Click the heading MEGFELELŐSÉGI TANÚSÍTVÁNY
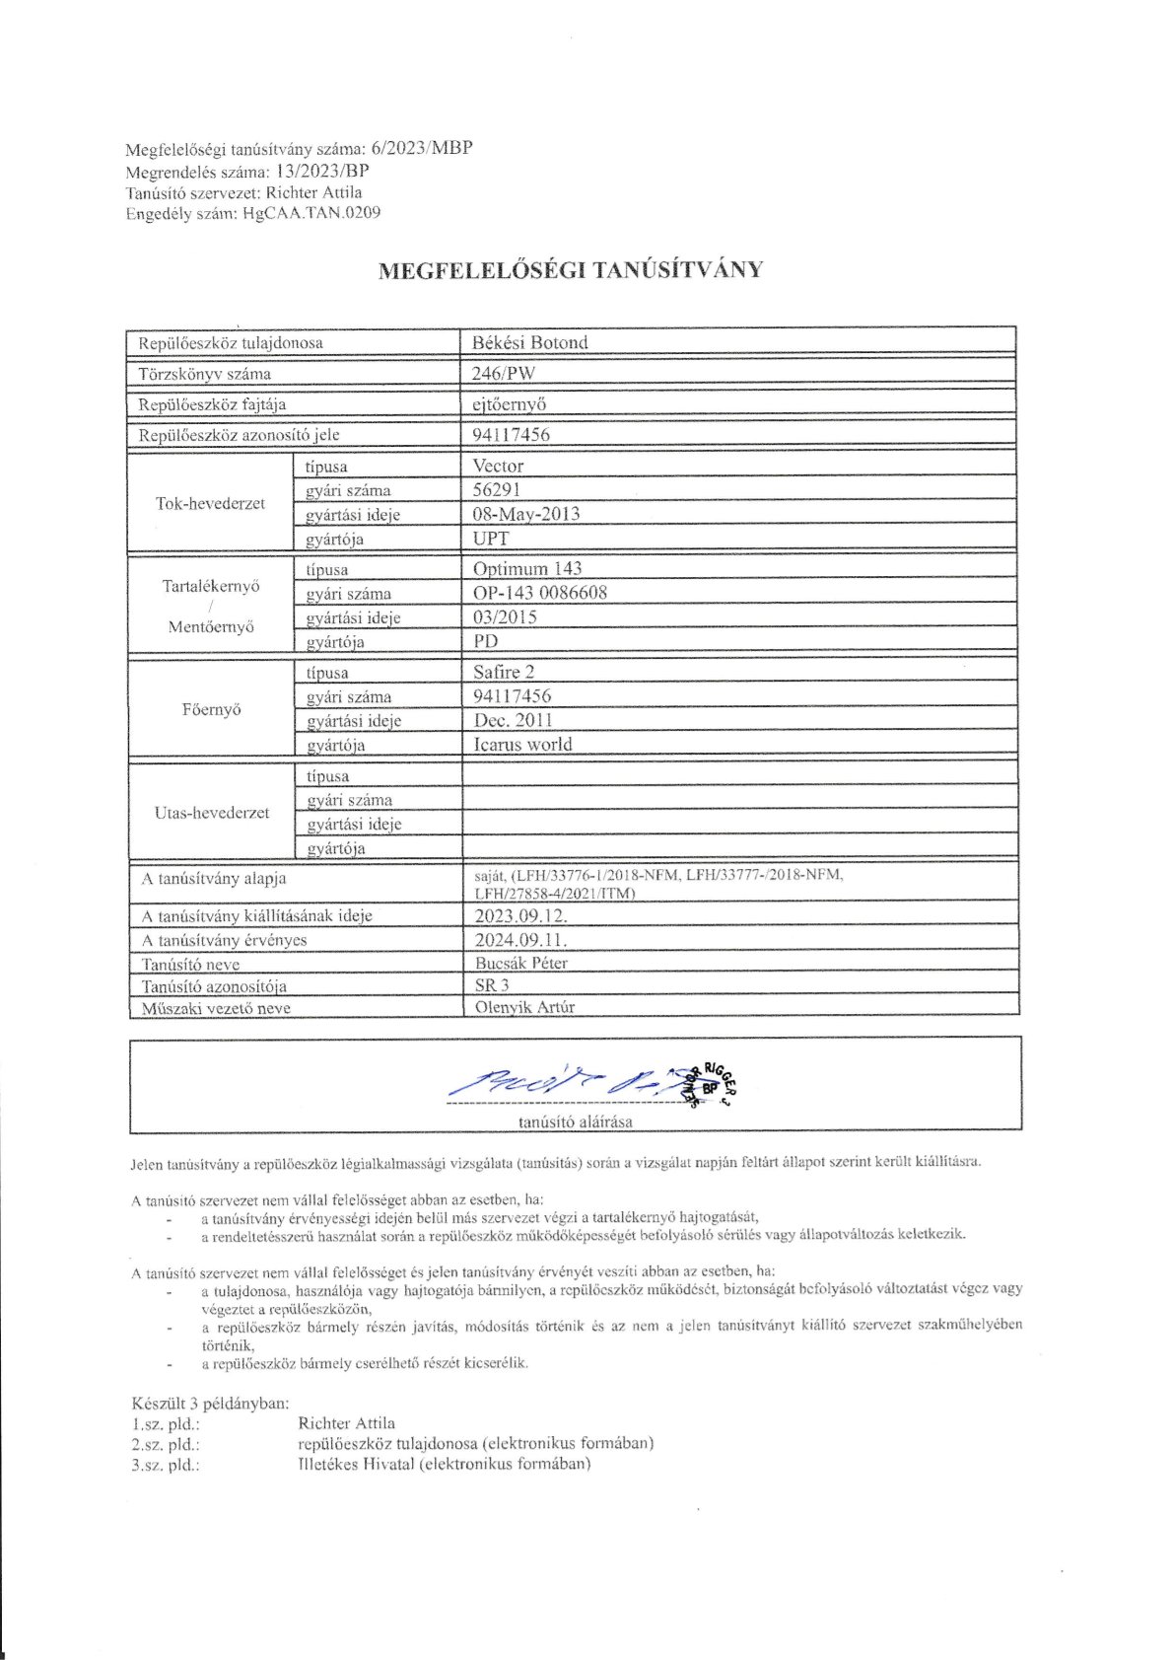(571, 270)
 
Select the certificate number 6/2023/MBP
(422, 149)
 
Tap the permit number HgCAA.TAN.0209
(311, 212)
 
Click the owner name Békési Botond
(529, 342)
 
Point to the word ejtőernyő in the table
(510, 403)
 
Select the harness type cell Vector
(498, 466)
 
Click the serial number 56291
(497, 489)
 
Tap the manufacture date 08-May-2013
(526, 514)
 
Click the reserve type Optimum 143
(527, 568)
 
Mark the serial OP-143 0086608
(540, 593)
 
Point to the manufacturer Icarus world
(522, 745)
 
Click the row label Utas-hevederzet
(212, 813)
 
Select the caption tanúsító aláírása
(576, 1121)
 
